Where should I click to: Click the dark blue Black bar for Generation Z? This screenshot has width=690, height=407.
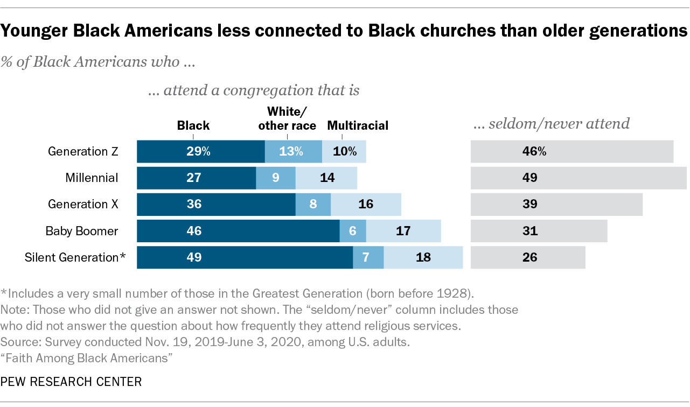[x=200, y=152]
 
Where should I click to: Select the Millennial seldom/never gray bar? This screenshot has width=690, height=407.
[x=578, y=178]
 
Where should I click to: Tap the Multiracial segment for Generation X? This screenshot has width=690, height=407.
[x=366, y=205]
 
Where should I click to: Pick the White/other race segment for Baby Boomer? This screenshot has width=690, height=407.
[x=353, y=231]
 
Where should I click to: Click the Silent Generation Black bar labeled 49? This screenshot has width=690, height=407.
[x=245, y=257]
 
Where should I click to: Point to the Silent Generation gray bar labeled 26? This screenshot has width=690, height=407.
[x=528, y=257]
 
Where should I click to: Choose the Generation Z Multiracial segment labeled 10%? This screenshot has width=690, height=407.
[x=344, y=152]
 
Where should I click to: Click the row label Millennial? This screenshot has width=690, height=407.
[x=92, y=178]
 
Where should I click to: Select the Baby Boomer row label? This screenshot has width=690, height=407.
[x=82, y=231]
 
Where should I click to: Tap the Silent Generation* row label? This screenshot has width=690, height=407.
[x=75, y=257]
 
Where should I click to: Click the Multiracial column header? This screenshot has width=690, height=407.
[x=358, y=126]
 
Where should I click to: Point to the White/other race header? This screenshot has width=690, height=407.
[x=287, y=118]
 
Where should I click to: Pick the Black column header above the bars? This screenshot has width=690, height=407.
[x=193, y=126]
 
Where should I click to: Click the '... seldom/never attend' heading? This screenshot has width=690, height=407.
[x=551, y=124]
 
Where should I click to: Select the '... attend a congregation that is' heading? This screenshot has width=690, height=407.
[x=254, y=90]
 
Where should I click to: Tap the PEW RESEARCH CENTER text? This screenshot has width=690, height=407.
[x=71, y=382]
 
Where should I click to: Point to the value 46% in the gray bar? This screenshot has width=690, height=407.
[x=534, y=152]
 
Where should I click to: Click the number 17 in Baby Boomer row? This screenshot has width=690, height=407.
[x=403, y=231]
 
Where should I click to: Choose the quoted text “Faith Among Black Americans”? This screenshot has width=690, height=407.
[x=87, y=356]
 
